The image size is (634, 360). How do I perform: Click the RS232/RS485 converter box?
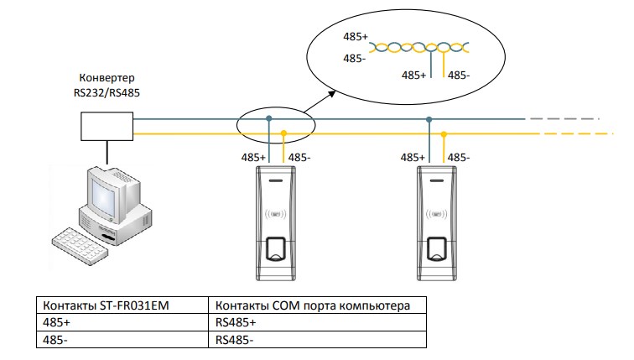107,125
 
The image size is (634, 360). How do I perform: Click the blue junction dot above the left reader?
268,118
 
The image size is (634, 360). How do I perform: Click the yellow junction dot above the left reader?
284,133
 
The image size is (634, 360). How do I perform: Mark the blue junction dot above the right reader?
429,118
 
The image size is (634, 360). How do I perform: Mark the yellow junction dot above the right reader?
444,133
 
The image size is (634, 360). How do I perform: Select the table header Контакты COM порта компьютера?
312,305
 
